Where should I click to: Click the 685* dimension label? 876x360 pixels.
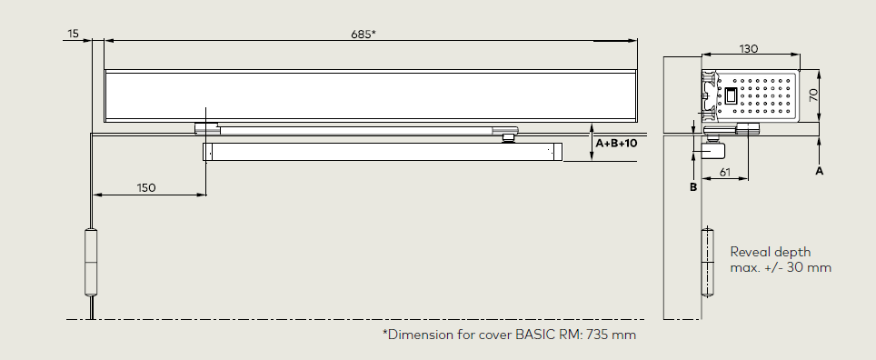[363, 35]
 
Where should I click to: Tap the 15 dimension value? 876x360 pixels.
[74, 34]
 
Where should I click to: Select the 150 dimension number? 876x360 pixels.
[146, 188]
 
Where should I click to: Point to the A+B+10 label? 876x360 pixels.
[616, 143]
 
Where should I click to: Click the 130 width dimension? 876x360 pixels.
[749, 48]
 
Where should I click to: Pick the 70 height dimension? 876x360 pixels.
[813, 95]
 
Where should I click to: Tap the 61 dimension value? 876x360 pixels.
[724, 172]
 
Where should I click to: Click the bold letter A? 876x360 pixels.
[819, 171]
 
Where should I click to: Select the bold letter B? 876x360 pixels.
[693, 187]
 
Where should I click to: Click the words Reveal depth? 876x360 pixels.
[771, 252]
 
